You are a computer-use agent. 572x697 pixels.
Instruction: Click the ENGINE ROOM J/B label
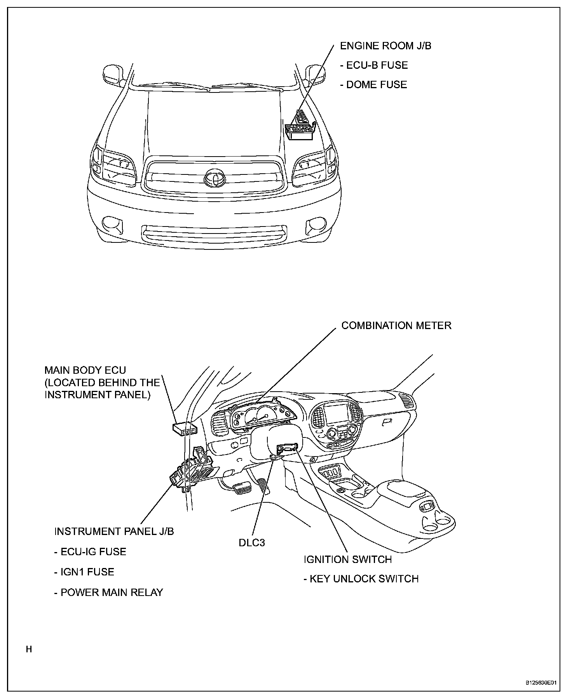pyautogui.click(x=385, y=46)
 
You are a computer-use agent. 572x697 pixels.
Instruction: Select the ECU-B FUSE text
pyautogui.click(x=374, y=65)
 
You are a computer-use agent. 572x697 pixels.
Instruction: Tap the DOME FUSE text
pyautogui.click(x=373, y=85)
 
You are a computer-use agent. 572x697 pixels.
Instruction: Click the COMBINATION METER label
pyautogui.click(x=396, y=325)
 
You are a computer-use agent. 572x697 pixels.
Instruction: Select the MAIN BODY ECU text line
pyautogui.click(x=85, y=370)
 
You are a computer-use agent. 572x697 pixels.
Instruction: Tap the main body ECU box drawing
pyautogui.click(x=184, y=428)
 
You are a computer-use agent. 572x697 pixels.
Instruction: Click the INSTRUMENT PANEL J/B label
pyautogui.click(x=114, y=531)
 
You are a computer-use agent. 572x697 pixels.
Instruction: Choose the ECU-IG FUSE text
pyautogui.click(x=90, y=552)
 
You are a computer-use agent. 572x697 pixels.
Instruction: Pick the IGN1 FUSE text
pyautogui.click(x=84, y=572)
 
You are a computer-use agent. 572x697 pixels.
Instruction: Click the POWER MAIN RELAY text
pyautogui.click(x=108, y=592)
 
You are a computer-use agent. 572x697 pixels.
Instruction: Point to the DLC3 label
pyautogui.click(x=252, y=543)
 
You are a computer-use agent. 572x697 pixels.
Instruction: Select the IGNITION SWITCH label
pyautogui.click(x=348, y=559)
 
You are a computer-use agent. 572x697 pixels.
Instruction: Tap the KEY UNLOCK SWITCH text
pyautogui.click(x=361, y=579)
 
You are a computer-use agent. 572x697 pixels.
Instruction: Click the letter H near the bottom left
pyautogui.click(x=29, y=649)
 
